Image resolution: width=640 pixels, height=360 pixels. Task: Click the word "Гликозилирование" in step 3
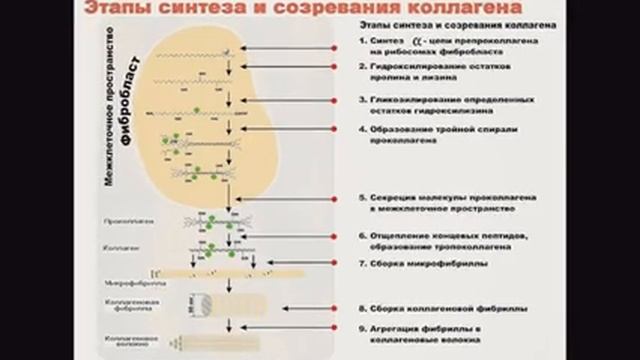point(411,100)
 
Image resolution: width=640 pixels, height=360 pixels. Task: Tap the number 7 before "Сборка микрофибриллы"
point(362,264)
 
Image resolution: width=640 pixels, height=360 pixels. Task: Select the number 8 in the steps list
point(362,308)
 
